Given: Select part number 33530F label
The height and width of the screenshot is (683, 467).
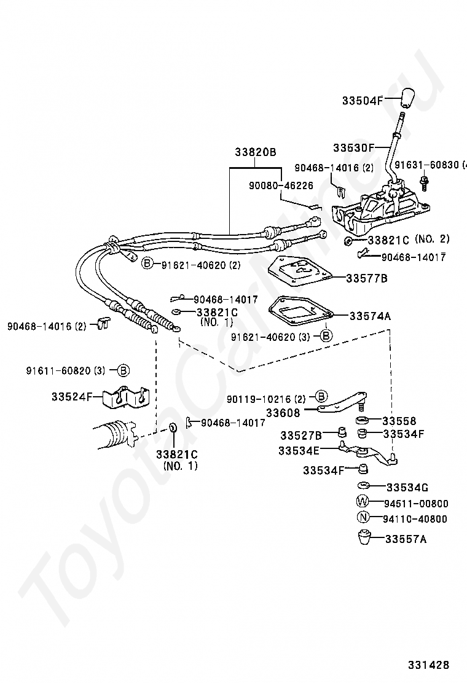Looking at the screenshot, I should (353, 148).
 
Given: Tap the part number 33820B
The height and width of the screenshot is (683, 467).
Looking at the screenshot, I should (255, 152).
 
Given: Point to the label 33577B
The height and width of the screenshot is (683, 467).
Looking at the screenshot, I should (367, 278).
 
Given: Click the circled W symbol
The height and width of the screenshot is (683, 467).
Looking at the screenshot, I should (363, 503).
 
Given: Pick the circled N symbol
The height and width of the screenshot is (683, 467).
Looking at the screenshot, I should (363, 518).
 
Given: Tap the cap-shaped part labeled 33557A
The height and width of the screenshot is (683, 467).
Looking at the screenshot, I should (364, 538).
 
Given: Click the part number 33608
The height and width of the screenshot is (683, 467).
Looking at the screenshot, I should (283, 413).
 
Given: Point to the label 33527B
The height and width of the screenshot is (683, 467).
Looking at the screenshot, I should (300, 435).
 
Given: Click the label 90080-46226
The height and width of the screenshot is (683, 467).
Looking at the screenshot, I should (281, 185).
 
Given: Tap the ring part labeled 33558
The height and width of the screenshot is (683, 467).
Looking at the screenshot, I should (363, 420).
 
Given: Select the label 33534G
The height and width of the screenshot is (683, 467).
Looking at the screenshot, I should (407, 488).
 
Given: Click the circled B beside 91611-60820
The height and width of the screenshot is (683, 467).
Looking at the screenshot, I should (122, 370).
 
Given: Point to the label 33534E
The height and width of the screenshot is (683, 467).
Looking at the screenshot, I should (299, 450).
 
